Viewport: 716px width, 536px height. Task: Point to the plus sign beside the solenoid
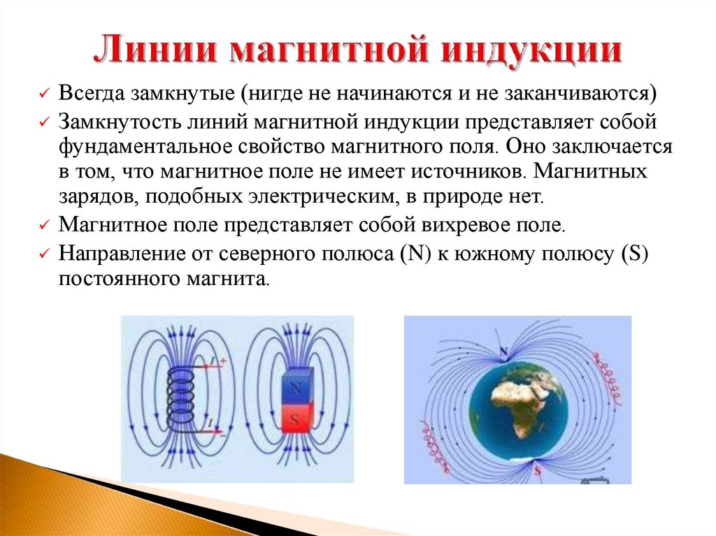pyautogui.click(x=223, y=361)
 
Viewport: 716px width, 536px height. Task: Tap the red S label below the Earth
pyautogui.click(x=537, y=471)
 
